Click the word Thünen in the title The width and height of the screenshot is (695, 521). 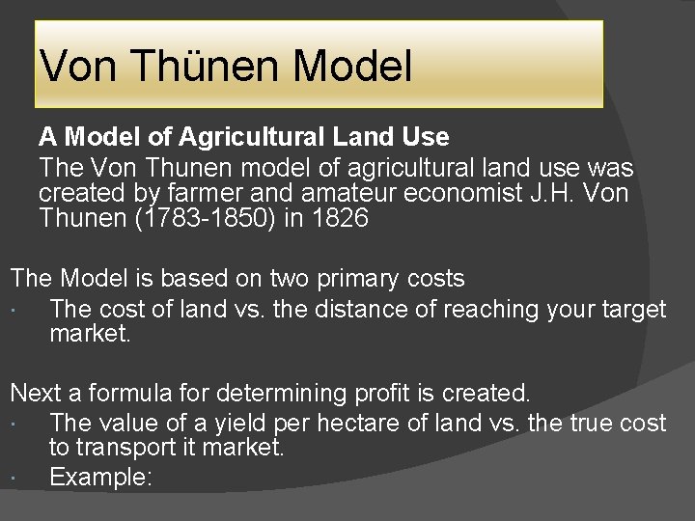click(x=205, y=67)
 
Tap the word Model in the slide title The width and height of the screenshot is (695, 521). click(x=352, y=67)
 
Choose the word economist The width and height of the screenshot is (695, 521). click(x=463, y=193)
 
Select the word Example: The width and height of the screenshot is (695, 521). click(x=100, y=477)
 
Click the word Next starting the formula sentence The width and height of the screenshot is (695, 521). click(x=35, y=394)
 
